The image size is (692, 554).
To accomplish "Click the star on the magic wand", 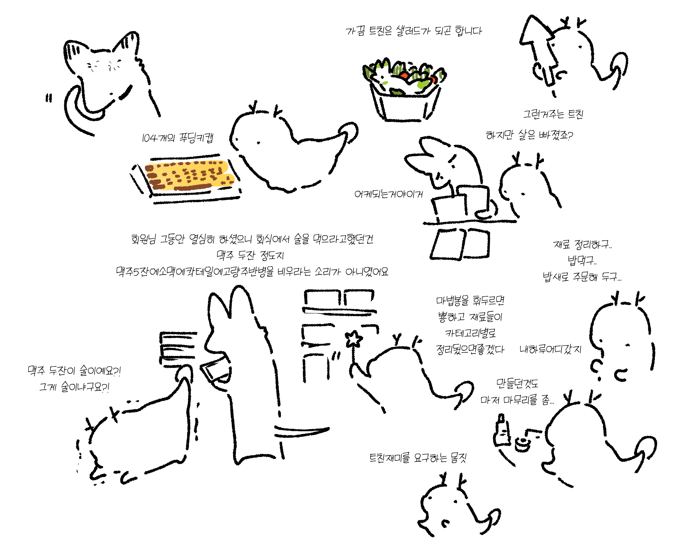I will [353, 339].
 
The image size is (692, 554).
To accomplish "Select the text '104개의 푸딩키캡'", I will [177, 138].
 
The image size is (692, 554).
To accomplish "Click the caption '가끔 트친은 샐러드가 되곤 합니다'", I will [414, 31].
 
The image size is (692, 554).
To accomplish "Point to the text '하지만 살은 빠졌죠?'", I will [529, 135].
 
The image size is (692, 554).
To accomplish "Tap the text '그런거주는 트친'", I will [553, 114].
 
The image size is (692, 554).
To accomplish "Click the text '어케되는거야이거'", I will [389, 194].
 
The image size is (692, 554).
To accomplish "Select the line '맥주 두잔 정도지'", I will [250, 256].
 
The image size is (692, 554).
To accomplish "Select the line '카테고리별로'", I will [470, 333].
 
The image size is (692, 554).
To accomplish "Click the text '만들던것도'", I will [517, 383].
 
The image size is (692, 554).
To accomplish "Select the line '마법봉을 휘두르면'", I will [470, 301].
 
